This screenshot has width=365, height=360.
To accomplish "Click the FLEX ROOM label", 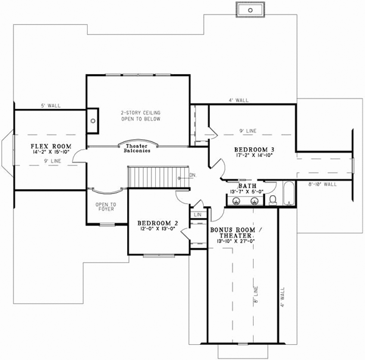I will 52,147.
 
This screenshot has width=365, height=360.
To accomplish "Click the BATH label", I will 247,186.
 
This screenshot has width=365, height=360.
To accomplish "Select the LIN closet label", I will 198,215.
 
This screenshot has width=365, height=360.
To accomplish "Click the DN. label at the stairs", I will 192,175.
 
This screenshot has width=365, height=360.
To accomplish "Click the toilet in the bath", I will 273,199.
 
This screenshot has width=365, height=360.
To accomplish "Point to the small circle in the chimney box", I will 92,120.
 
